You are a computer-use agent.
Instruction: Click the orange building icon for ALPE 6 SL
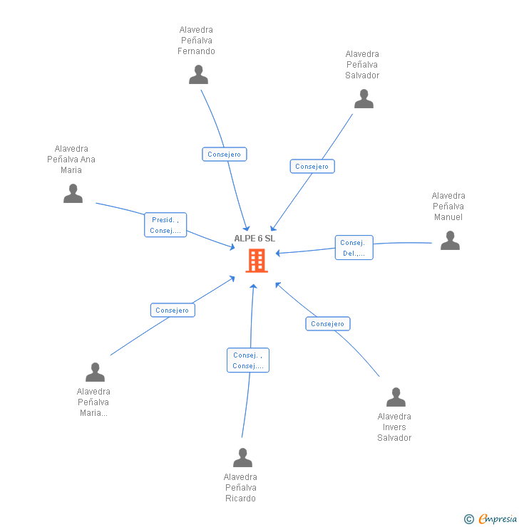click(256, 261)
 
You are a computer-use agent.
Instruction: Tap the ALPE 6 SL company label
click(255, 239)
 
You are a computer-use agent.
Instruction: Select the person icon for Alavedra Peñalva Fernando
click(198, 75)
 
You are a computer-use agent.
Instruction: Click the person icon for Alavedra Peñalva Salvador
click(364, 99)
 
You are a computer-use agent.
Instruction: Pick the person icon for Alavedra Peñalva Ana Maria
click(73, 194)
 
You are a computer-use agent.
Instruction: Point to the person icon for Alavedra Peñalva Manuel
click(450, 241)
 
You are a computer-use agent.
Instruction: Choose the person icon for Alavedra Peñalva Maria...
click(95, 372)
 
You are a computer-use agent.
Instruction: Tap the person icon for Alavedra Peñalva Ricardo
click(242, 458)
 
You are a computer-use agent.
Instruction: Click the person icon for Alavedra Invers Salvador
click(396, 397)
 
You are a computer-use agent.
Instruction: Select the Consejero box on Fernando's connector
click(224, 154)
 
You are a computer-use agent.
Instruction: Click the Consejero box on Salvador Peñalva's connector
click(312, 166)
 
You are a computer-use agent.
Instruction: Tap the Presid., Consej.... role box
click(165, 225)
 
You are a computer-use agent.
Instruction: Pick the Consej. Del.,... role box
click(354, 248)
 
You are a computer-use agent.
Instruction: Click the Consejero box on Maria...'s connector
click(173, 310)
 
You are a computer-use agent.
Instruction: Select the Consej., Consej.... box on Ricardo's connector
click(248, 360)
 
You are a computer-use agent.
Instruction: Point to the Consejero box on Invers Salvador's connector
click(328, 323)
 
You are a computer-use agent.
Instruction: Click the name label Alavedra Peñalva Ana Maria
click(71, 160)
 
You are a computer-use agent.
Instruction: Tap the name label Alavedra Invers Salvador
click(394, 427)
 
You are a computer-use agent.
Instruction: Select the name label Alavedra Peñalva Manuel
click(448, 207)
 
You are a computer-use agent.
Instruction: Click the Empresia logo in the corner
click(491, 519)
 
